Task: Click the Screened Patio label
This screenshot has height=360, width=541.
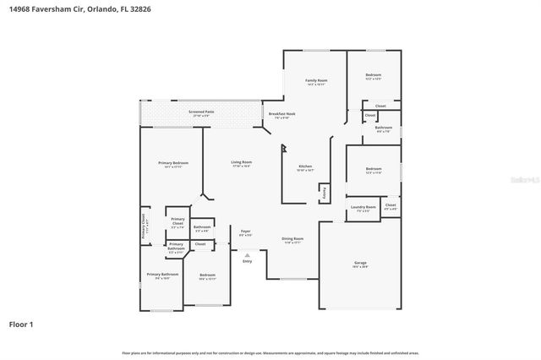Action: (x=201, y=111)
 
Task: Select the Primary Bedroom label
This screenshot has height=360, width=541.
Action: (x=172, y=162)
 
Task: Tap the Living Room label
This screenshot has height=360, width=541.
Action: (x=242, y=161)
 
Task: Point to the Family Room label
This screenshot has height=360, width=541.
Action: (x=315, y=80)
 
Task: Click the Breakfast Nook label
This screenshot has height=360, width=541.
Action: (x=281, y=114)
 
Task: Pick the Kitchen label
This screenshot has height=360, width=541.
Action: (x=305, y=166)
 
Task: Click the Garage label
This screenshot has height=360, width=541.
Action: (x=360, y=263)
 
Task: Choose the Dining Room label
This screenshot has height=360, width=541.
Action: (x=292, y=239)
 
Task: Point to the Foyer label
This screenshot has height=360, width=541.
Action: (x=246, y=230)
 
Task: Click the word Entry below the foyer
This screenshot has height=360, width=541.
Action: (x=247, y=261)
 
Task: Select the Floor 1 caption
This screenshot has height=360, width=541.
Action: (x=22, y=324)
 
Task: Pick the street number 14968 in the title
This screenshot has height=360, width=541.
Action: (x=21, y=8)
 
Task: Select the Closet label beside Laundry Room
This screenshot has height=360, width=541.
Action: (x=390, y=205)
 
